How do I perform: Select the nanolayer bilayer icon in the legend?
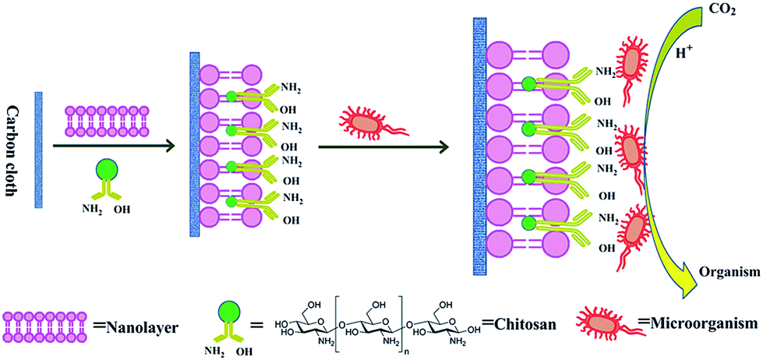(41, 324)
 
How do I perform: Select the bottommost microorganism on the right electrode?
(635, 231)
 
